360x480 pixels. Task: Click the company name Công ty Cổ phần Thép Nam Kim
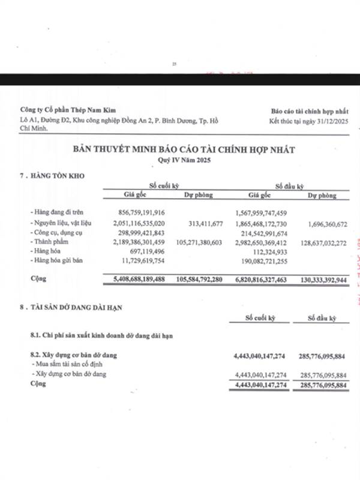tap(68, 110)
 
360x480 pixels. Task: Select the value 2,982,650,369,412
tap(269, 242)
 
